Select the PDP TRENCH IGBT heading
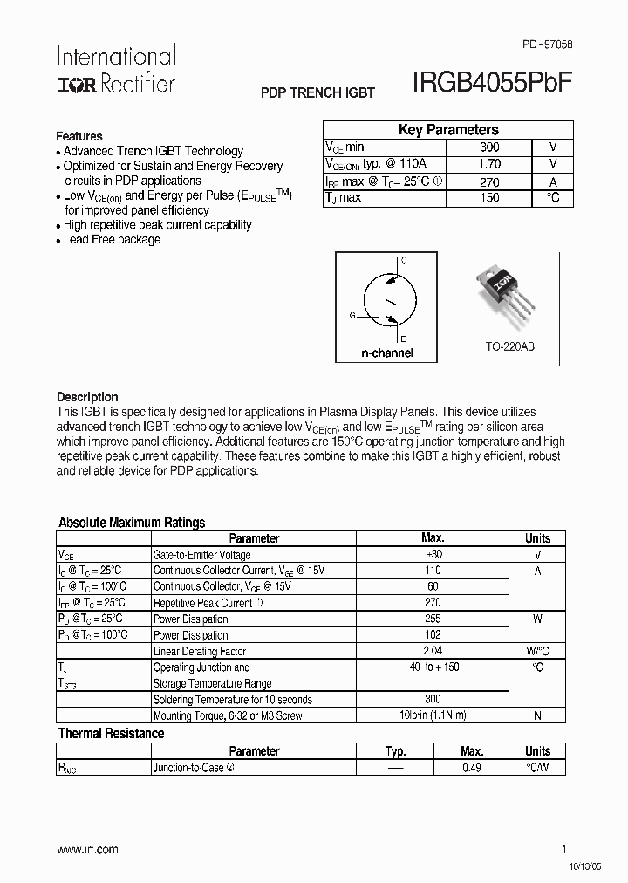(317, 92)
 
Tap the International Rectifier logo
(116, 70)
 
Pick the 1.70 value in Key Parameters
(489, 164)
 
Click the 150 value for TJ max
(489, 198)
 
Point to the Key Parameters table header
(448, 130)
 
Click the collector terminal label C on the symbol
(403, 261)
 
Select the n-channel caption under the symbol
(386, 353)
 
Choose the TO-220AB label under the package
(509, 346)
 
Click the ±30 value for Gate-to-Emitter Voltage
(433, 555)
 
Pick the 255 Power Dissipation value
(433, 619)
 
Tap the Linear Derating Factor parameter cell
(200, 652)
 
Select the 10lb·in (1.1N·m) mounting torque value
(433, 715)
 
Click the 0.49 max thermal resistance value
(472, 768)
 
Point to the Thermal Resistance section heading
(111, 734)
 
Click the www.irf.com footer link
(87, 849)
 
